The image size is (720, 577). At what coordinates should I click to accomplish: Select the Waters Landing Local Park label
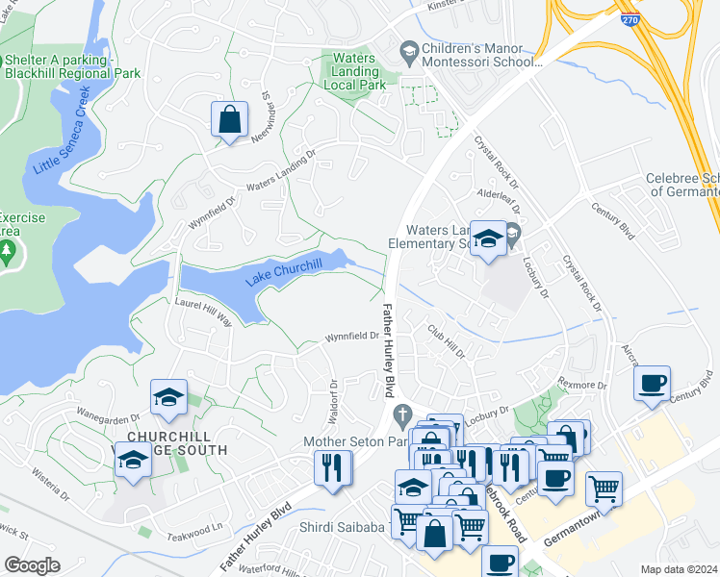(x=359, y=71)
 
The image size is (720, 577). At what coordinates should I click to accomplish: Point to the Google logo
(x=32, y=565)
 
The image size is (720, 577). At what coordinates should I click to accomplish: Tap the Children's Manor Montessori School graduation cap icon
(x=409, y=49)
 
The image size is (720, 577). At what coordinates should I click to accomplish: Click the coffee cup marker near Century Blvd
(x=652, y=382)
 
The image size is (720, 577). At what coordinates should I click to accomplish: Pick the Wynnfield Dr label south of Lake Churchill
(x=351, y=337)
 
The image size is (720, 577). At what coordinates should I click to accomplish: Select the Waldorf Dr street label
(x=334, y=396)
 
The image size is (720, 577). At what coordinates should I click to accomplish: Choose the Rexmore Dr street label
(x=581, y=386)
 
